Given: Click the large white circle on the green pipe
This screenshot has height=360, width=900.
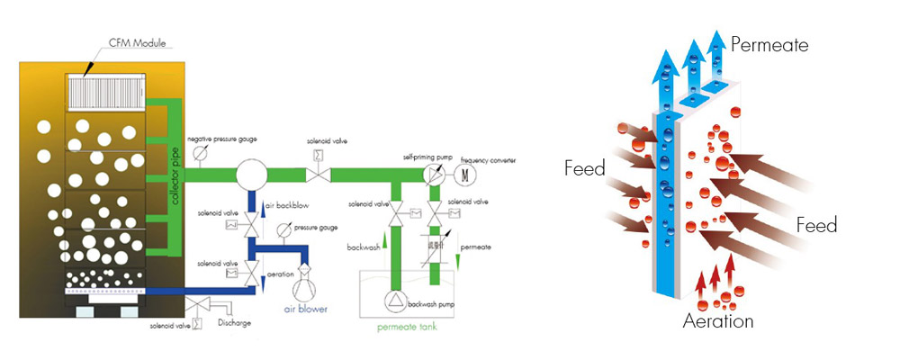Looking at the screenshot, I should pos(254,174).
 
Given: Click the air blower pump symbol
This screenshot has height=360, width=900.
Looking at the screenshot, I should pos(303,287).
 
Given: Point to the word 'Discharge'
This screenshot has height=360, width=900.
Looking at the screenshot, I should pos(232,321).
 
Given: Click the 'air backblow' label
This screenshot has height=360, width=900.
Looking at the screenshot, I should pos(287,206).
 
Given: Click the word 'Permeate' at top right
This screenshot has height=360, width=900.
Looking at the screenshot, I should pos(769,44).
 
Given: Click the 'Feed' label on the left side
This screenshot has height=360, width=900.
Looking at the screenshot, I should pos(584,167).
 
